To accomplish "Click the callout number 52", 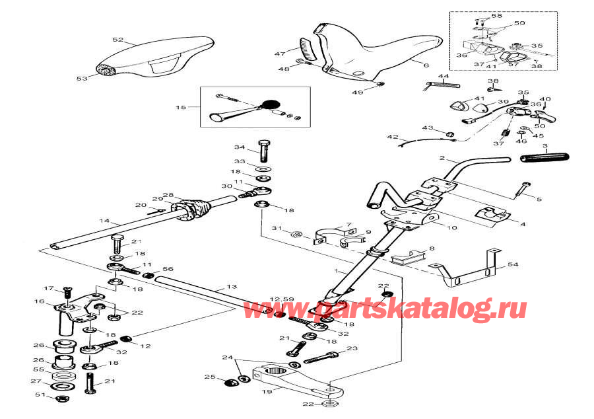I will (118, 40).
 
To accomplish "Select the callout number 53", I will (81, 78).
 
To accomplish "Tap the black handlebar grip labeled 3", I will (545, 159).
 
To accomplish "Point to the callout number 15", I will (181, 106).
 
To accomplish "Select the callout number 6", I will (426, 65).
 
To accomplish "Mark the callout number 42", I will (393, 137).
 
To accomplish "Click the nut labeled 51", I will (61, 399).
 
